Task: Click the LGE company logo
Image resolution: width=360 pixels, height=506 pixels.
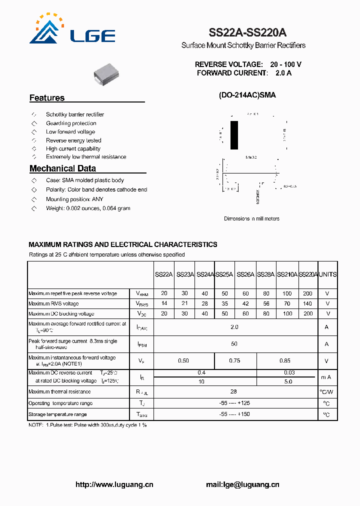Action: tap(72, 30)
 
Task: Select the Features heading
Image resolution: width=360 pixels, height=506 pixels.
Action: tap(47, 98)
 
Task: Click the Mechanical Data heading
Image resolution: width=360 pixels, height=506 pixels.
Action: tap(62, 168)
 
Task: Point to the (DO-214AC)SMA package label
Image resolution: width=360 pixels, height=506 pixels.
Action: tap(247, 95)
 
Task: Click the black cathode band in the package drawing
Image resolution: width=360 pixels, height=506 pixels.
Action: tap(234, 135)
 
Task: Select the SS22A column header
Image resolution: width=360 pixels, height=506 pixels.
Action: tap(163, 274)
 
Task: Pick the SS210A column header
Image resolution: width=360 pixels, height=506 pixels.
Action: tap(287, 274)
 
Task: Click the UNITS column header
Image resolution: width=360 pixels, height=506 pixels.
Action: tap(327, 274)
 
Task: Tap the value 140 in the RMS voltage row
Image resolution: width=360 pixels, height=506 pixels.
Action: tap(308, 303)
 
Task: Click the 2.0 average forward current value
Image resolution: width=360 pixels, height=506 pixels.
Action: tap(234, 327)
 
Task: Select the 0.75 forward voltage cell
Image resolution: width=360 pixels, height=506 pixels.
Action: tap(234, 360)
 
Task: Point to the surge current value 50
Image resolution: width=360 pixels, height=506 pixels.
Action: tap(234, 344)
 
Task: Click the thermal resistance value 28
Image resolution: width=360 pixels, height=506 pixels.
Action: tap(233, 392)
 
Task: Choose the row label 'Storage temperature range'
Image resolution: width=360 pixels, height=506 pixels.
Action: tap(57, 414)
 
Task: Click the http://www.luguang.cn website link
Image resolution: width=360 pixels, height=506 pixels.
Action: tap(114, 484)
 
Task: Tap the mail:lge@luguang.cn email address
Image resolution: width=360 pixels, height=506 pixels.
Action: tap(242, 484)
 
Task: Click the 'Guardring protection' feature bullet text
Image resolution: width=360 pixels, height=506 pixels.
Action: tap(71, 123)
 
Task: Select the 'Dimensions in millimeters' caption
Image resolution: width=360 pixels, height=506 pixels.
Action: tap(251, 218)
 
